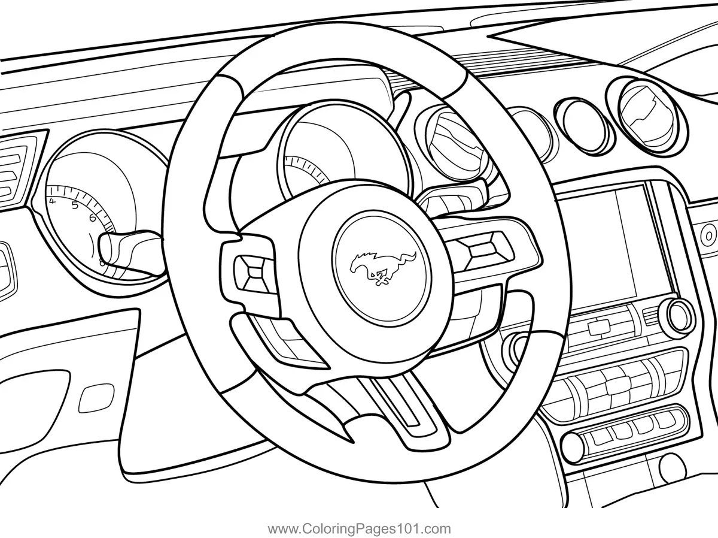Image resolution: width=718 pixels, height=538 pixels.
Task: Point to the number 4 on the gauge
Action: pos(53,201)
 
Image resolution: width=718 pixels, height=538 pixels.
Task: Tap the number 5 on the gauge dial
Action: pos(75,206)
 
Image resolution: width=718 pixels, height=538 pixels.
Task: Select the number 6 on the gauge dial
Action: pos(93,217)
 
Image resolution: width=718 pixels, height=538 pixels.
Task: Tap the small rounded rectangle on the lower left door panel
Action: pos(96,397)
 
